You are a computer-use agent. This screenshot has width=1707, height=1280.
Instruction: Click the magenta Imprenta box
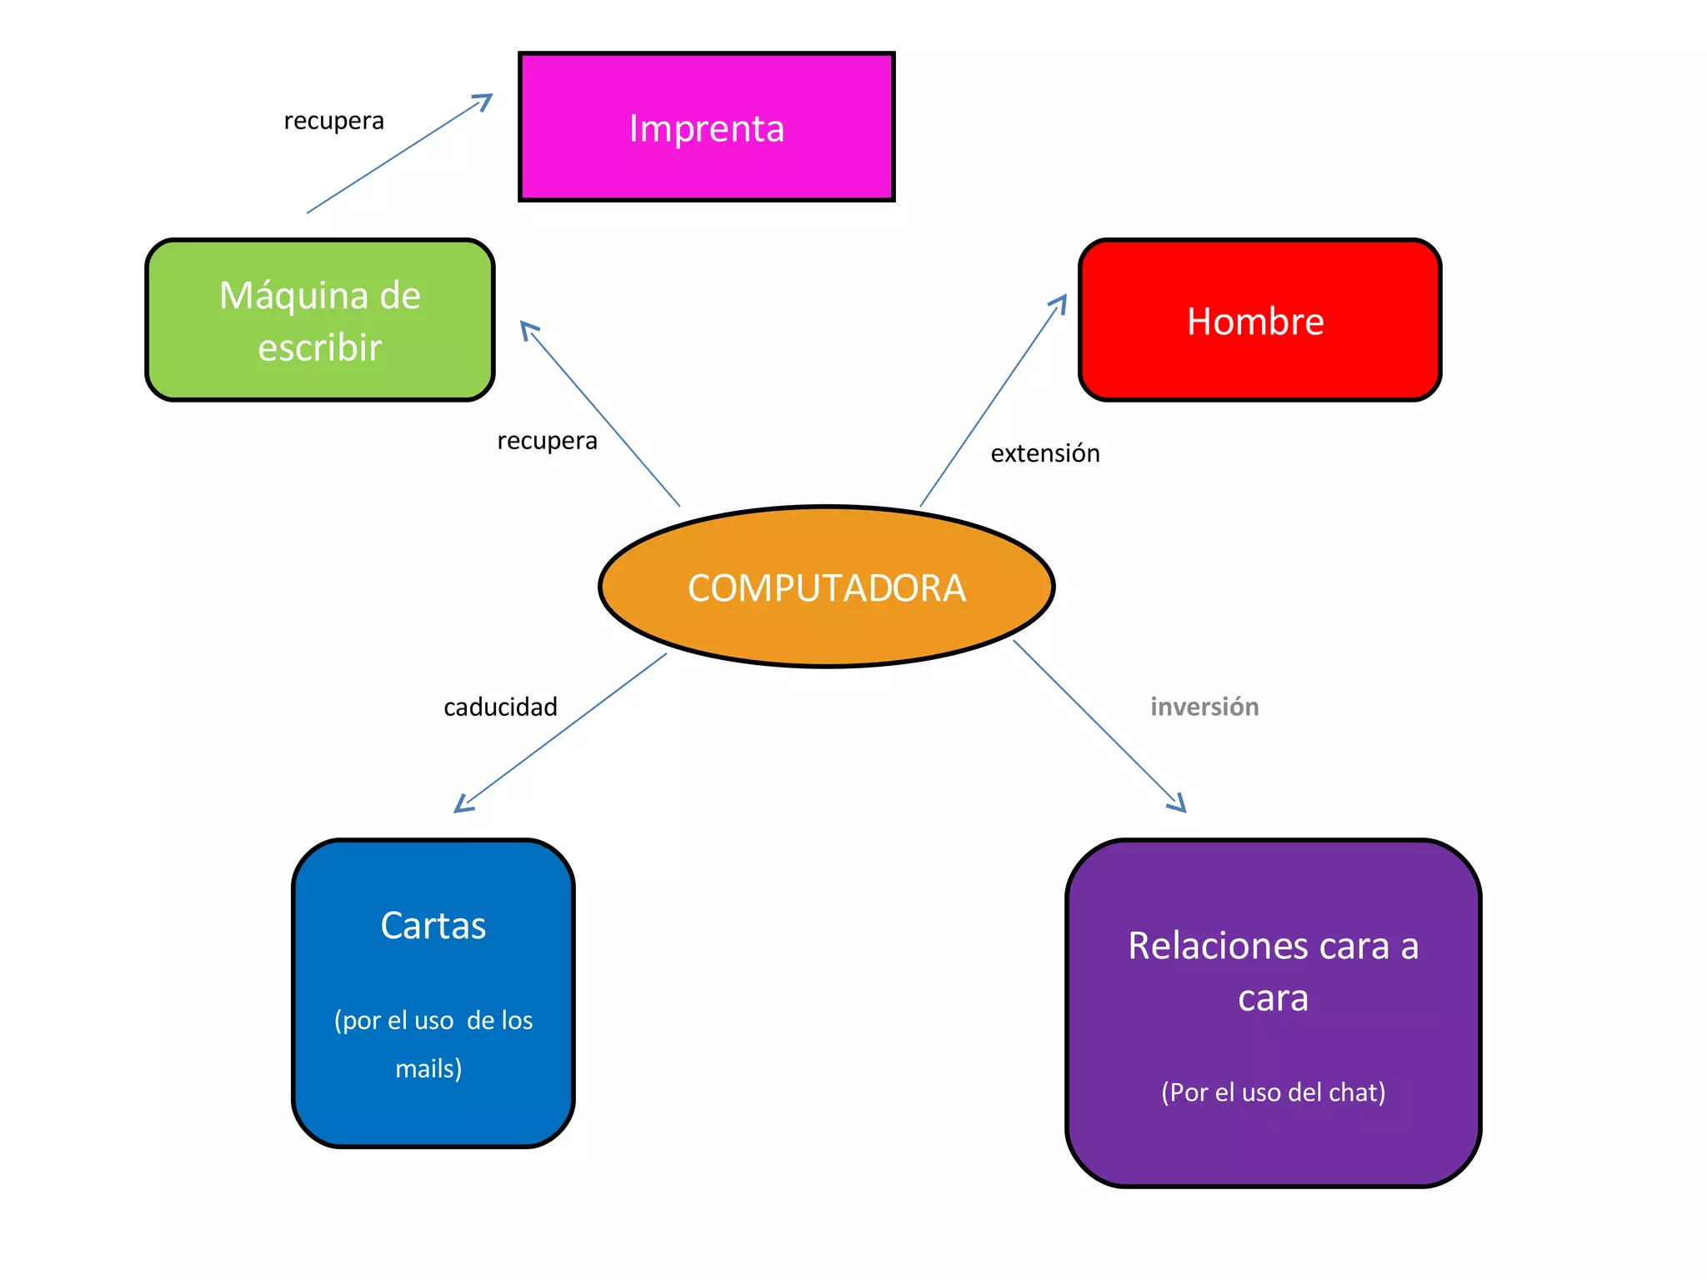click(x=706, y=127)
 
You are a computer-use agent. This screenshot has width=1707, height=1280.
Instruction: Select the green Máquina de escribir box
click(x=320, y=320)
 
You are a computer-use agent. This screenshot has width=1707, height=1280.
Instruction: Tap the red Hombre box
click(x=1259, y=320)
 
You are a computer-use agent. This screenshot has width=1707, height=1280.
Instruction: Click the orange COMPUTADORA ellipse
click(x=826, y=587)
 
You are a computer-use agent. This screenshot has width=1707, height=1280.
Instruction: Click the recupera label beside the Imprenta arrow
click(x=334, y=122)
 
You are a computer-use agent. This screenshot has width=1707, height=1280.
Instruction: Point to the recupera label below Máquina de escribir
click(x=547, y=441)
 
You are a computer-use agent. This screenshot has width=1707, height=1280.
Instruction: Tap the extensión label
click(x=1045, y=453)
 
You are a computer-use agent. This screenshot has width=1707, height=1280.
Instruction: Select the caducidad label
click(x=500, y=707)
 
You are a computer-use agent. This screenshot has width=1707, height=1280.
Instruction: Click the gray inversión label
click(x=1204, y=707)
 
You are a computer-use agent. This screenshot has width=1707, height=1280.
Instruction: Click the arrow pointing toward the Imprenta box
click(x=399, y=154)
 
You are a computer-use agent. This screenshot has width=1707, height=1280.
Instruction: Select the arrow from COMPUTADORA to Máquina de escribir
click(x=600, y=414)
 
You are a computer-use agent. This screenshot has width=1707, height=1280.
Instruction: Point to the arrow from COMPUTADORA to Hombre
click(x=994, y=400)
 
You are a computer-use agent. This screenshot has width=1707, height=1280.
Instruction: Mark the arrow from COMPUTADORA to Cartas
click(x=560, y=733)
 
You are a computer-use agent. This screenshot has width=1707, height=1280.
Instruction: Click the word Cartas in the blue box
click(x=433, y=926)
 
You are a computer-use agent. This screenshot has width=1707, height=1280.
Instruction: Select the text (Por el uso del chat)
click(x=1273, y=1092)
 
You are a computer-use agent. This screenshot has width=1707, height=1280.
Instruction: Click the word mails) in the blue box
click(x=428, y=1068)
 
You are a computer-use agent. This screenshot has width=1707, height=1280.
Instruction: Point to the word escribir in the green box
click(x=320, y=347)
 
